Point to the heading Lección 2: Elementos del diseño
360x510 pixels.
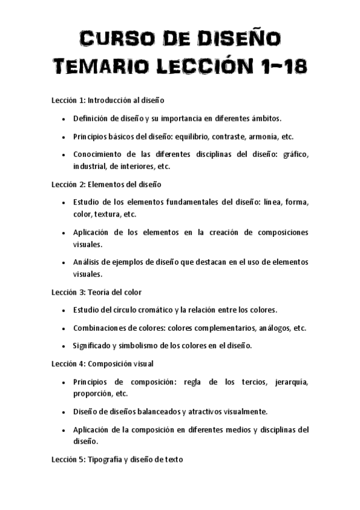105,184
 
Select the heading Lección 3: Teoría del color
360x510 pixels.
96,292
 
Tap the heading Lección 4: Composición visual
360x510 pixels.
102,363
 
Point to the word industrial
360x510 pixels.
89,166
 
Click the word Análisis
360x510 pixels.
87,262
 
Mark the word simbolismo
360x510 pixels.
136,346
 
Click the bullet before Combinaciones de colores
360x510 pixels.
64,328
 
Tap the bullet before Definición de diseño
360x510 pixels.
64,118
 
